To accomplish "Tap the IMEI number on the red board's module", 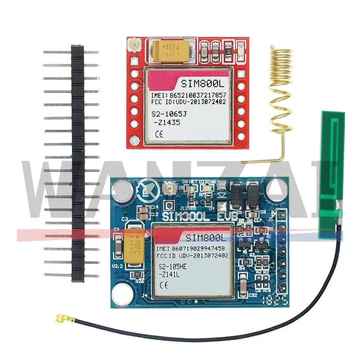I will pos(195,95).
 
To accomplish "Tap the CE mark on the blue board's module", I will pos(164,285).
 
